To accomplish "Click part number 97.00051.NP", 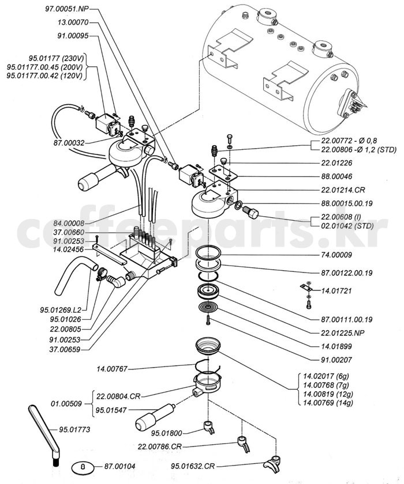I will pyautogui.click(x=67, y=10).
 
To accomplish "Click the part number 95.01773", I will pyautogui.click(x=77, y=429).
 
